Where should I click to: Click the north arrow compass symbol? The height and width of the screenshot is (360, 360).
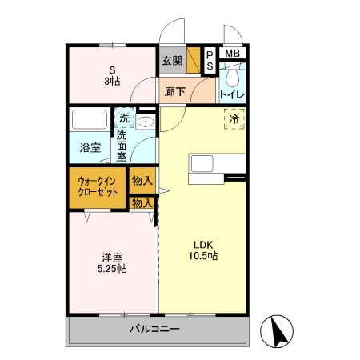(x=277, y=331)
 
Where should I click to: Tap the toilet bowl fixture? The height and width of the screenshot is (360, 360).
(x=232, y=75)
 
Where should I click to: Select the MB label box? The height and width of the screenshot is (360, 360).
(x=232, y=54)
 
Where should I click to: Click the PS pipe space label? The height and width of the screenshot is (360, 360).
(x=210, y=60)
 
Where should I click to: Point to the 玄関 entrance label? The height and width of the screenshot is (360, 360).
(x=173, y=61)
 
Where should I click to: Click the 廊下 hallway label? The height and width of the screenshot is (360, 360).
(x=174, y=92)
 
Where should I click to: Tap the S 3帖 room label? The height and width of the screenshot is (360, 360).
(x=112, y=76)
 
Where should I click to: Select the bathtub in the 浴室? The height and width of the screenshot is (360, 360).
(x=90, y=119)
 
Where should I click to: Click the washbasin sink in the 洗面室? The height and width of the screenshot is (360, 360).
(x=146, y=122)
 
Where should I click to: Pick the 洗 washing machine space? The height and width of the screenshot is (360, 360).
(x=124, y=118)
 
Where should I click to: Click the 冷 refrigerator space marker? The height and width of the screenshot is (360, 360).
(x=234, y=119)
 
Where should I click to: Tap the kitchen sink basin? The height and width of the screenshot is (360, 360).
(x=202, y=163)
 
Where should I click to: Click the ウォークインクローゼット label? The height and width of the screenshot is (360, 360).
(x=98, y=187)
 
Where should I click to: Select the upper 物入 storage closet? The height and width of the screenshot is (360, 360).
(x=142, y=181)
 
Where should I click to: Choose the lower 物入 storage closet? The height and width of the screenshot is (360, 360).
(x=142, y=203)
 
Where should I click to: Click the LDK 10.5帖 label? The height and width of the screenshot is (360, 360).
(x=203, y=250)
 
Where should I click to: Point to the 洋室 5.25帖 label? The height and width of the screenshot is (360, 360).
(x=112, y=263)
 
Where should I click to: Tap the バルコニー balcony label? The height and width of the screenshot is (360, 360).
(x=154, y=329)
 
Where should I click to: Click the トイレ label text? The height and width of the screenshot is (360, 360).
(x=232, y=94)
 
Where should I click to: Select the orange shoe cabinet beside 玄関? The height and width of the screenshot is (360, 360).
(x=194, y=60)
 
